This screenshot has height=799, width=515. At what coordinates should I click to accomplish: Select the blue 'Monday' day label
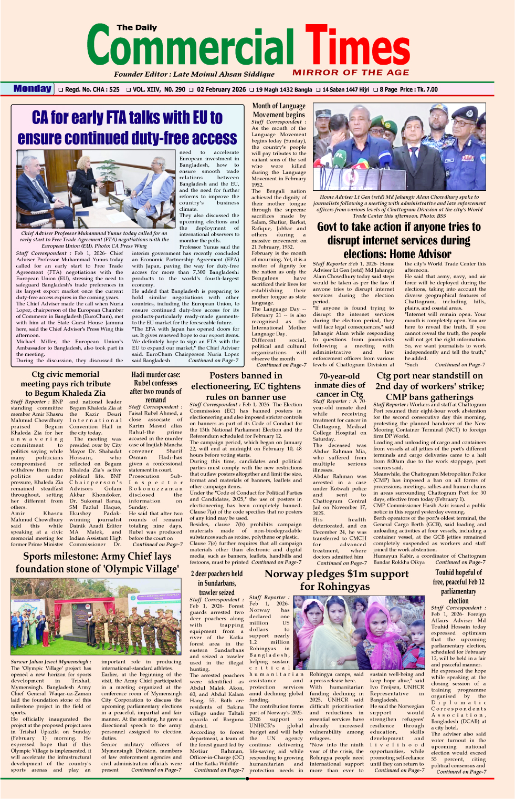pyautogui.click(x=33, y=89)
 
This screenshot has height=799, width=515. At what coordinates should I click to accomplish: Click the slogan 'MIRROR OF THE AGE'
pyautogui.click(x=351, y=73)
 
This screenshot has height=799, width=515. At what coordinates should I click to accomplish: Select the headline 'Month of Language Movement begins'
pyautogui.click(x=278, y=110)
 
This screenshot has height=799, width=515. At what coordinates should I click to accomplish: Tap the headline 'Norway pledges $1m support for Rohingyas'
pyautogui.click(x=336, y=580)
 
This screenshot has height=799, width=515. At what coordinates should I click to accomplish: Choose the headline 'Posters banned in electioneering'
pyautogui.click(x=246, y=386)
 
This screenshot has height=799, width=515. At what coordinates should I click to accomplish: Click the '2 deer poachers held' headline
pyautogui.click(x=216, y=583)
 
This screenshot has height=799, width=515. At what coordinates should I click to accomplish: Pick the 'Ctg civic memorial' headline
pyautogui.click(x=65, y=384)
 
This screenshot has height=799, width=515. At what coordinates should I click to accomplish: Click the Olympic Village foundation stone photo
pyautogui.click(x=96, y=617)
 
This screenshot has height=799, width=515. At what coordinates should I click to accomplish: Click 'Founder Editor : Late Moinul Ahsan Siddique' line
pyautogui.click(x=194, y=74)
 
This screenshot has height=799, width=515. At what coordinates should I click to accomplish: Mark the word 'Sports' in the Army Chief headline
pyautogui.click(x=37, y=556)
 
